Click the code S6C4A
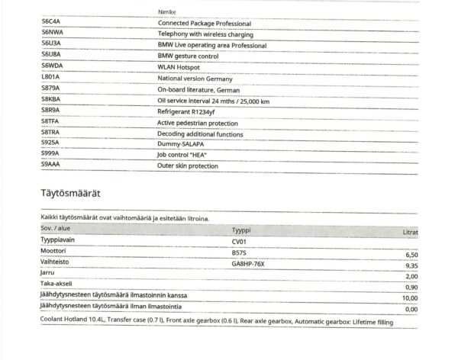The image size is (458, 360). [52, 24]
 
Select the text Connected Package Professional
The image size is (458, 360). [204, 24]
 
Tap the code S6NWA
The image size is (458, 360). [53, 34]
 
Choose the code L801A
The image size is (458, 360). [51, 78]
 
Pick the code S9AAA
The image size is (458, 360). [51, 165]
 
